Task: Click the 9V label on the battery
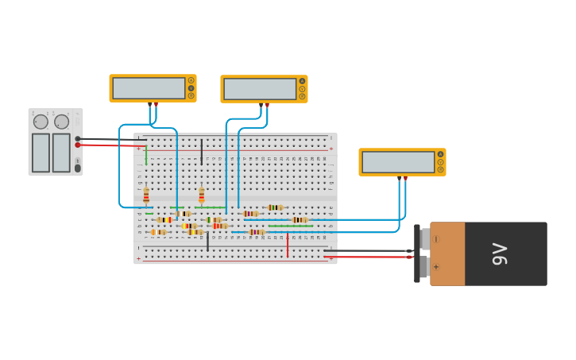coord(500,254)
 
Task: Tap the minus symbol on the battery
coord(436,239)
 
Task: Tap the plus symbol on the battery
coord(436,267)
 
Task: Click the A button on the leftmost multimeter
coord(191,80)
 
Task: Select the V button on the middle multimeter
coord(302,89)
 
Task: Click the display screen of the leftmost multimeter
coord(149,88)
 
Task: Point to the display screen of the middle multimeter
coord(260,89)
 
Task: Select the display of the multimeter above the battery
coord(398,162)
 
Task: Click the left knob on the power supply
coord(40,122)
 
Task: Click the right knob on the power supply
coord(62,122)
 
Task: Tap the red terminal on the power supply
coord(78,145)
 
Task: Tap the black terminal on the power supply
coord(78,138)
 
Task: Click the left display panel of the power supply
coord(41,153)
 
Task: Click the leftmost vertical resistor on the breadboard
coord(146,195)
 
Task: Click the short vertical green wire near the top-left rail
coord(146,155)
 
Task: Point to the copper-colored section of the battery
coord(447,254)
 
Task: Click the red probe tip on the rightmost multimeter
coord(405,179)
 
